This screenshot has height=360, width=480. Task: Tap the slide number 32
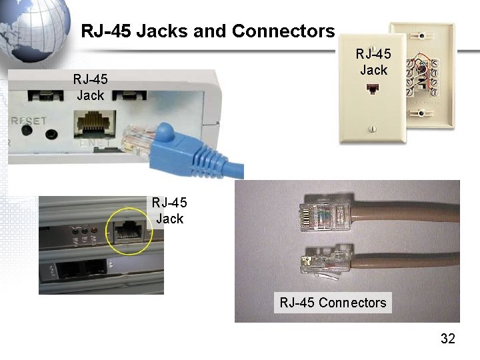447,339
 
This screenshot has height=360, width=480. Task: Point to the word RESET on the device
28,121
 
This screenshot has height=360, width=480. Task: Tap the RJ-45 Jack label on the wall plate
373,61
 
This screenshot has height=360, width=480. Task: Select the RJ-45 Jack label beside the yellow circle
169,210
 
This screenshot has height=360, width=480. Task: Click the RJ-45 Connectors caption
333,303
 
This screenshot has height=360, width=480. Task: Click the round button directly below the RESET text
27,132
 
